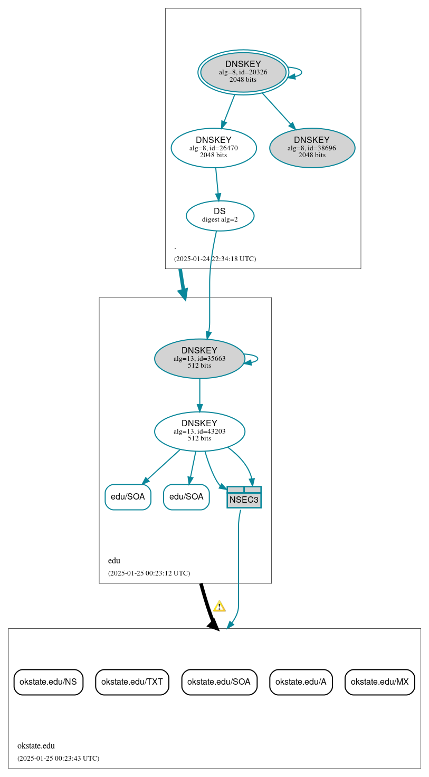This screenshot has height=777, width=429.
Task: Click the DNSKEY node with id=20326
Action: coord(243,72)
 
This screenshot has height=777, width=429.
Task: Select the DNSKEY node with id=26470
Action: coord(214,148)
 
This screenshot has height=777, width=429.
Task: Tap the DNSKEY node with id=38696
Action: coord(312,148)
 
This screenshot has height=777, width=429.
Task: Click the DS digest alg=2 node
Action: coord(220,216)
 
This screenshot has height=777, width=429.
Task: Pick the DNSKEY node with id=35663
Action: coord(199,359)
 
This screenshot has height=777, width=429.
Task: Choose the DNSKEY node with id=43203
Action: coord(199,431)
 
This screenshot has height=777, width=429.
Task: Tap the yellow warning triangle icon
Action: coord(220,606)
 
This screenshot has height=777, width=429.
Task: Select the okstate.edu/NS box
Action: coord(48,682)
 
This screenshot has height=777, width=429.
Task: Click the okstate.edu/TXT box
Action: coord(132,682)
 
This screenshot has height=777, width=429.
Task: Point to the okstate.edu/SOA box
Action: coord(219,682)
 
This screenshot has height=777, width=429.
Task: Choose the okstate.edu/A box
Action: coord(301,682)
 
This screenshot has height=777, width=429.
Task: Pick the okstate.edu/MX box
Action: coord(380,682)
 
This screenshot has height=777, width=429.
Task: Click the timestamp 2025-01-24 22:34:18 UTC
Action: coord(215,259)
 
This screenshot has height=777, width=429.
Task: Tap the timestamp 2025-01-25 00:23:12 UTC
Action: coord(149,573)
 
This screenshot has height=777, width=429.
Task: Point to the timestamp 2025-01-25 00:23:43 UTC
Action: coord(58,759)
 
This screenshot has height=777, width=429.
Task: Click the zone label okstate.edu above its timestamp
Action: coord(36,746)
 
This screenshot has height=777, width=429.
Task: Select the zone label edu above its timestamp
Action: coord(114,561)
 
